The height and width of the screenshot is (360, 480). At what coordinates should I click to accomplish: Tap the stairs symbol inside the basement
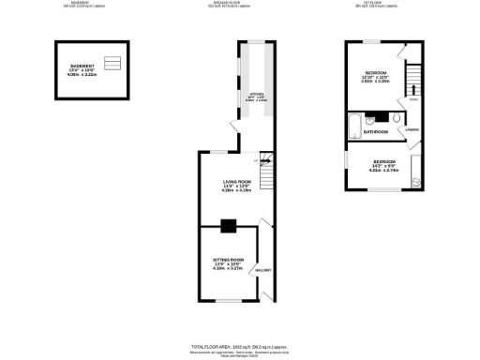point(113,64)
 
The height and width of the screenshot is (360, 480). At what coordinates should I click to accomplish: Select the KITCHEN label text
point(255,95)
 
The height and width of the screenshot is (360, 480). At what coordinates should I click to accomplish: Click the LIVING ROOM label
point(235,182)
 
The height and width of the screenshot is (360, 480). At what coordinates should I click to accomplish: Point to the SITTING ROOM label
point(229,260)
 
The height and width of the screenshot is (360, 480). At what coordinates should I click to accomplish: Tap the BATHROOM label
point(376,132)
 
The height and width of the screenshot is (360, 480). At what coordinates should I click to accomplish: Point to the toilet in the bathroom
point(396,120)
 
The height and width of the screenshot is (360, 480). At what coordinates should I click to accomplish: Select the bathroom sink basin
point(372,119)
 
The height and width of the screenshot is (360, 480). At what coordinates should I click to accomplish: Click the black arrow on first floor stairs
point(412,91)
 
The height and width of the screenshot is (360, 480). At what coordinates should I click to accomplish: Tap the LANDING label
point(412,128)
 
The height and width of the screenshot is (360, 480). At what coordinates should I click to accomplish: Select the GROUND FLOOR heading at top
point(240,4)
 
